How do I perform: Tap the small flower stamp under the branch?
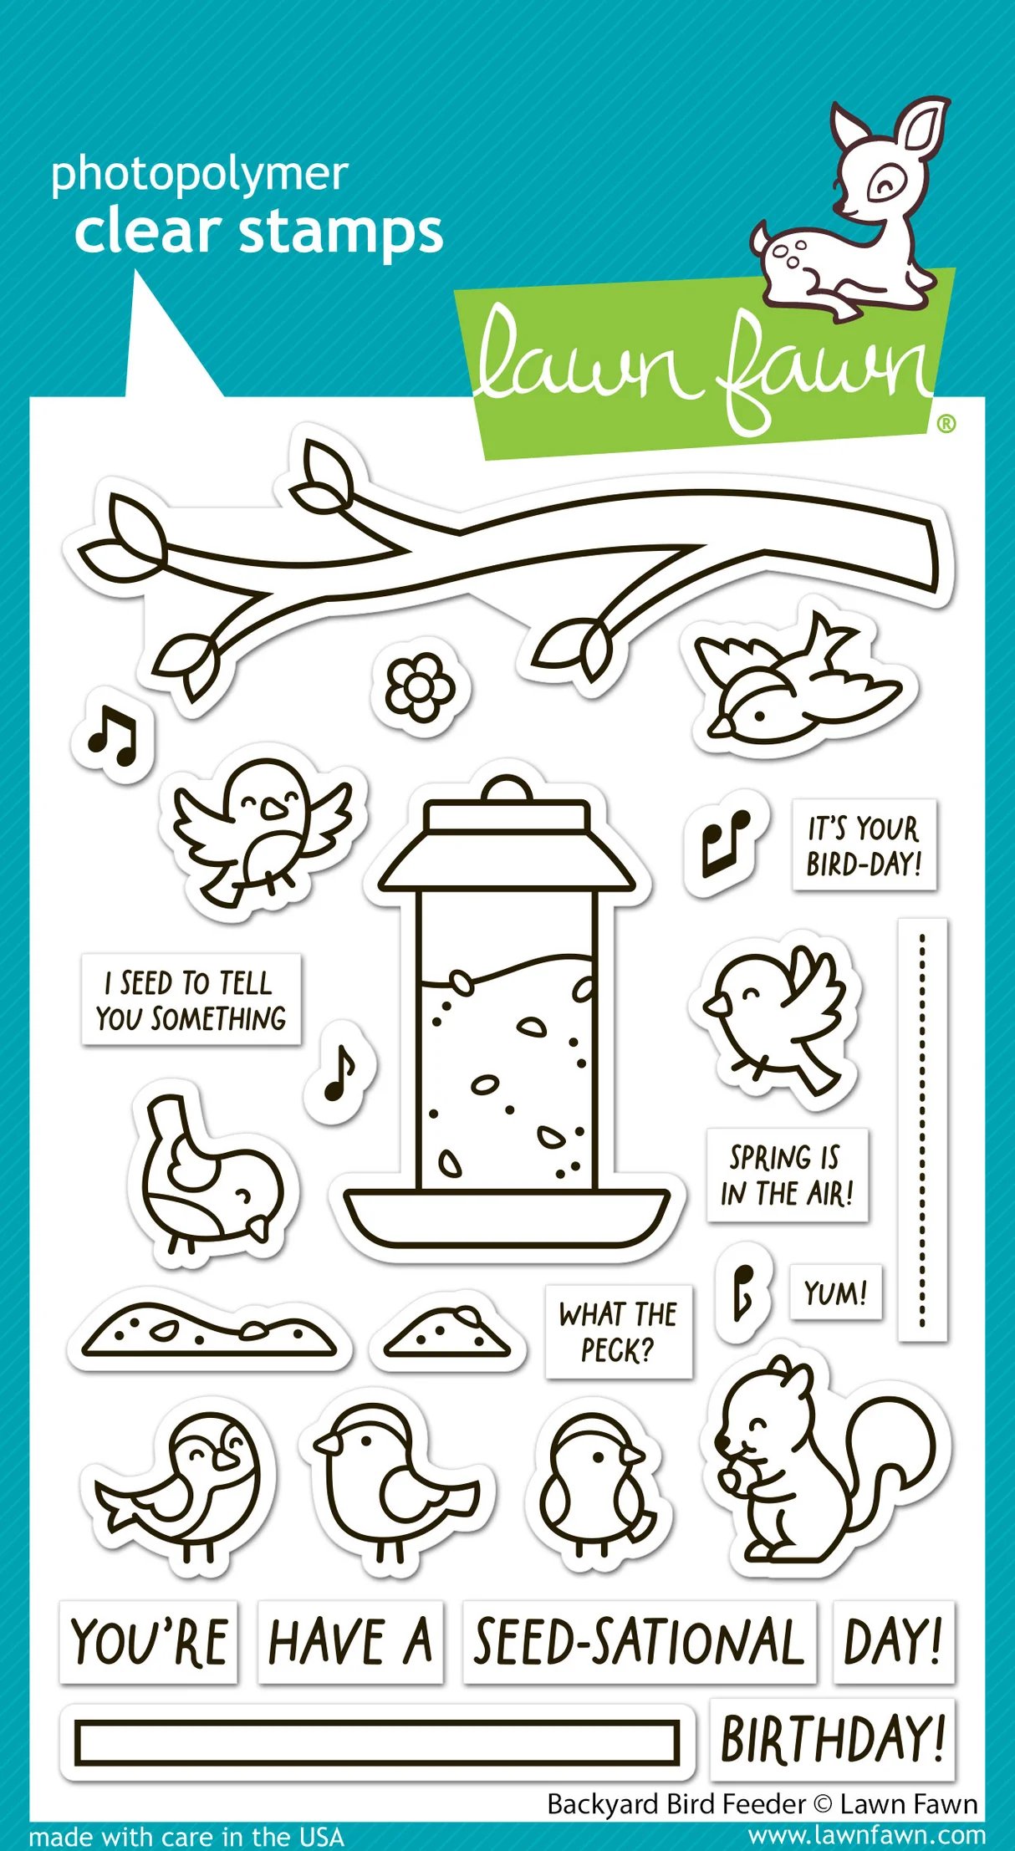click(x=421, y=687)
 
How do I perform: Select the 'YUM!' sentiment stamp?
click(x=834, y=1293)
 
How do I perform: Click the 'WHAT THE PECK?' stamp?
click(x=618, y=1332)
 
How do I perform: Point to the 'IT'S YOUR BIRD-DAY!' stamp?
click(x=864, y=845)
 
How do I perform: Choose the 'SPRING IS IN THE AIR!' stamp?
click(x=787, y=1175)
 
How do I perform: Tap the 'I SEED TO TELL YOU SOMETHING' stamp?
click(x=191, y=1000)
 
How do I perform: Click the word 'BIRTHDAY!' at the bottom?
click(x=832, y=1739)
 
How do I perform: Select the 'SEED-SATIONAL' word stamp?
click(x=640, y=1642)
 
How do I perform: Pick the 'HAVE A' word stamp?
click(x=350, y=1642)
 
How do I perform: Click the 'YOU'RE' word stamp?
click(x=149, y=1642)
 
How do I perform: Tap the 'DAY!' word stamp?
click(x=893, y=1642)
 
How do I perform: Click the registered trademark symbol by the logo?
click(x=946, y=424)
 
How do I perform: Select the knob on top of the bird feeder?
click(x=507, y=789)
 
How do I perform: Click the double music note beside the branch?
click(x=114, y=736)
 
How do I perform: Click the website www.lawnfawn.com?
click(x=866, y=1835)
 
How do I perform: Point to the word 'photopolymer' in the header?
click(x=199, y=176)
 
